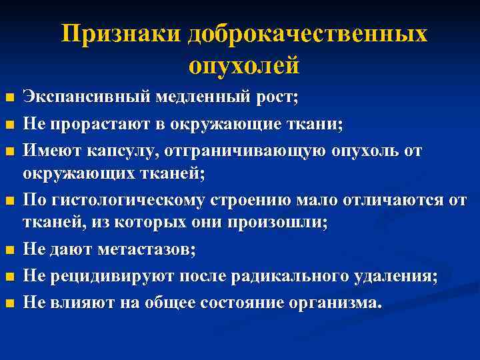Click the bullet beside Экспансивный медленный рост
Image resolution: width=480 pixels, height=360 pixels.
[x=9, y=99]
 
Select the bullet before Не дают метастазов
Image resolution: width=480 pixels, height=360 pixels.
[x=9, y=251]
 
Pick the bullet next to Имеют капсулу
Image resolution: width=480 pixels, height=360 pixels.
[x=9, y=150]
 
